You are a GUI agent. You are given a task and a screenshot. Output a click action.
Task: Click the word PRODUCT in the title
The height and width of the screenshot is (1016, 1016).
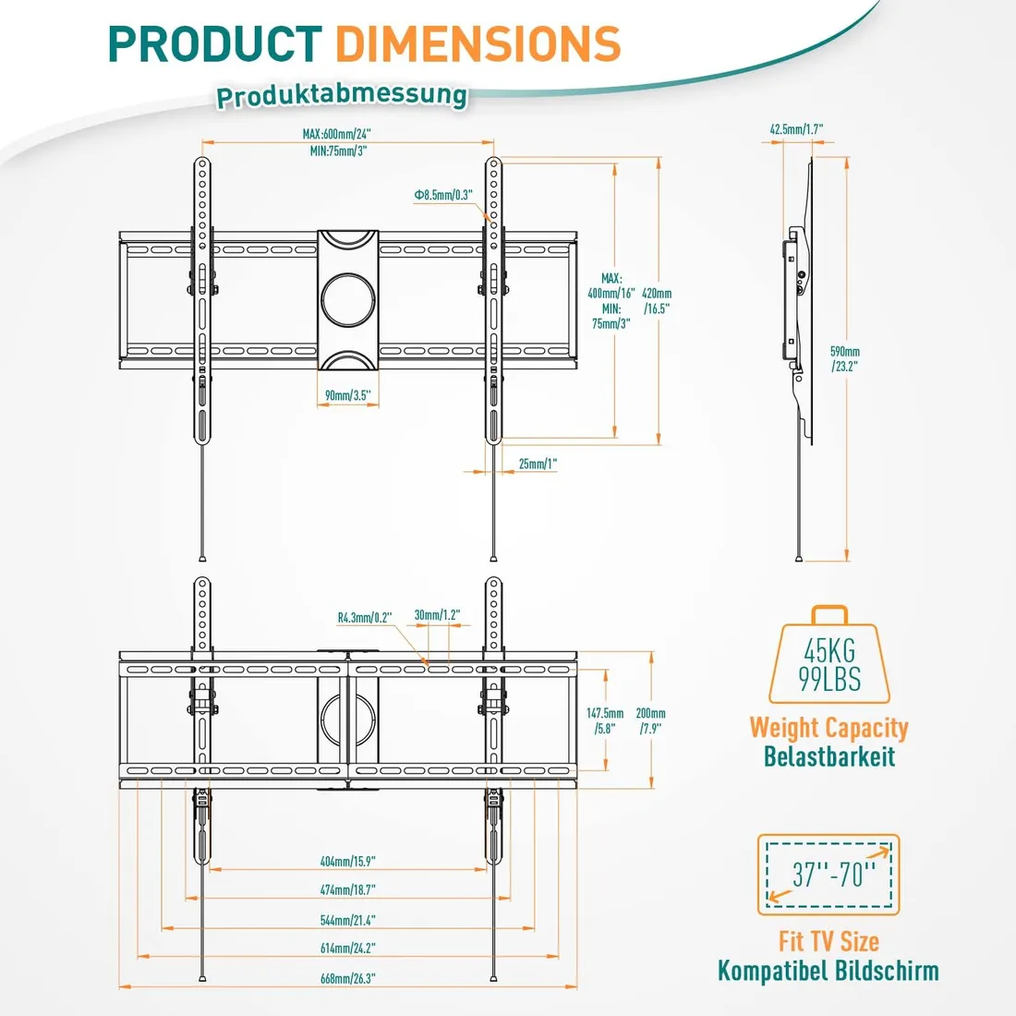click(214, 44)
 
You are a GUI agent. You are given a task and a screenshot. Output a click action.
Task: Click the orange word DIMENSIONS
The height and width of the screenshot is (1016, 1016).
click(477, 44)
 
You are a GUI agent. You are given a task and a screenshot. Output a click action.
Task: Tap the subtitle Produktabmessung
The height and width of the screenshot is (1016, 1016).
click(342, 95)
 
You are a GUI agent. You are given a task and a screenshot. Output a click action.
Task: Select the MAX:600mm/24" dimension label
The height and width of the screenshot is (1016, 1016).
click(337, 135)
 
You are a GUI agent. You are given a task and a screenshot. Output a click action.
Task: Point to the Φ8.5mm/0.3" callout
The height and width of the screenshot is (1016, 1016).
click(443, 195)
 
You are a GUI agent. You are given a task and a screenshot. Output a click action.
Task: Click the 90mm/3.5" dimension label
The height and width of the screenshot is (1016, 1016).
click(347, 395)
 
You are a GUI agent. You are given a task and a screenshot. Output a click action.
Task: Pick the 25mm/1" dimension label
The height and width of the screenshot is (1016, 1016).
click(538, 464)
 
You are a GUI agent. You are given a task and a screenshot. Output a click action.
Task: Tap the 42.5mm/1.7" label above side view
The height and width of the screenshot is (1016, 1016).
click(796, 130)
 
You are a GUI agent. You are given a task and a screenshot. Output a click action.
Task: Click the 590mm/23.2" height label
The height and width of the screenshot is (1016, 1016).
click(844, 358)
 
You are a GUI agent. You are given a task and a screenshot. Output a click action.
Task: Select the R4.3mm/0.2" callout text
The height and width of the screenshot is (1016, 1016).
click(365, 618)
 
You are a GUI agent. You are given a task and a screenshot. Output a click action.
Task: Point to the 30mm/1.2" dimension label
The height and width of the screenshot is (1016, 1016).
click(437, 615)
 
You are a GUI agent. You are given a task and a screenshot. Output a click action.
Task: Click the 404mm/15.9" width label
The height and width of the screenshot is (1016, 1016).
click(347, 862)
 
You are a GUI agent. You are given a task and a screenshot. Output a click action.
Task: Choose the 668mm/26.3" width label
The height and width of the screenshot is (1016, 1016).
click(347, 978)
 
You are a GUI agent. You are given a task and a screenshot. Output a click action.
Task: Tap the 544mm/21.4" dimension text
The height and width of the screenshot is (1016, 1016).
click(347, 920)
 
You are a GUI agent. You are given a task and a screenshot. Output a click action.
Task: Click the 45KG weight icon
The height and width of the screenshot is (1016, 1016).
click(829, 658)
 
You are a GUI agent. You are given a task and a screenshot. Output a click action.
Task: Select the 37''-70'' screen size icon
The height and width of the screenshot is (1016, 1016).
click(828, 874)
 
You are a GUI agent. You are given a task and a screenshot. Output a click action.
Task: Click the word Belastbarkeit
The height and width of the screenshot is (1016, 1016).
click(829, 756)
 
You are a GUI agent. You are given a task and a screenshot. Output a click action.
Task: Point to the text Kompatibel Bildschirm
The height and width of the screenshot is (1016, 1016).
click(828, 971)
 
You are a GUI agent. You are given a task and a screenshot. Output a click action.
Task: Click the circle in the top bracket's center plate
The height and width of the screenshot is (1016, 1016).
click(347, 298)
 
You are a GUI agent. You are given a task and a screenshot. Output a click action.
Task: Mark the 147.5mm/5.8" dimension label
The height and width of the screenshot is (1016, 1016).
click(605, 720)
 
